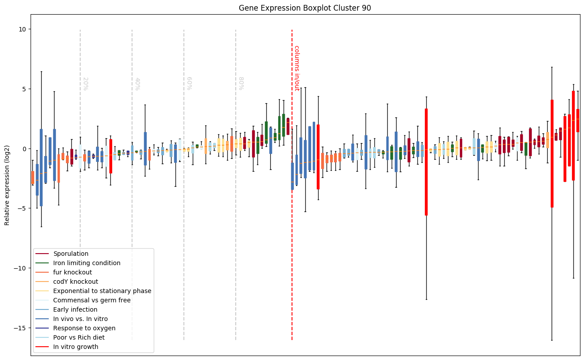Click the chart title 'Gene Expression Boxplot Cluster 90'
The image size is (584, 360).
305,8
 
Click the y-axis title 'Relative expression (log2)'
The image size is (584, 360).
7,184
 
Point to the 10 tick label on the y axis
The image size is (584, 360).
22,29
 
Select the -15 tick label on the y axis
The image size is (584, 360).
19,328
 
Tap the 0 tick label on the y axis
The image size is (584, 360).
23,149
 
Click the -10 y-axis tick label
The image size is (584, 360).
19,268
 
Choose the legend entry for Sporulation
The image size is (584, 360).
71,254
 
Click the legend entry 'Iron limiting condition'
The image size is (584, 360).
87,263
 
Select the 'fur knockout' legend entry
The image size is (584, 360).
73,272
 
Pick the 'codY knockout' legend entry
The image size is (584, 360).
76,282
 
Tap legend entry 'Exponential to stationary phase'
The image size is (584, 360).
102,291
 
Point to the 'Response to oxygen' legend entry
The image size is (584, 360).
84,328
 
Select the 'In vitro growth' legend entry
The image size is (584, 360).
76,347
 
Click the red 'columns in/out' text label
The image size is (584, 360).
296,68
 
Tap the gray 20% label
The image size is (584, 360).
85,83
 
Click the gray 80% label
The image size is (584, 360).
241,83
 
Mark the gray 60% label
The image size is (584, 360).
189,83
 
